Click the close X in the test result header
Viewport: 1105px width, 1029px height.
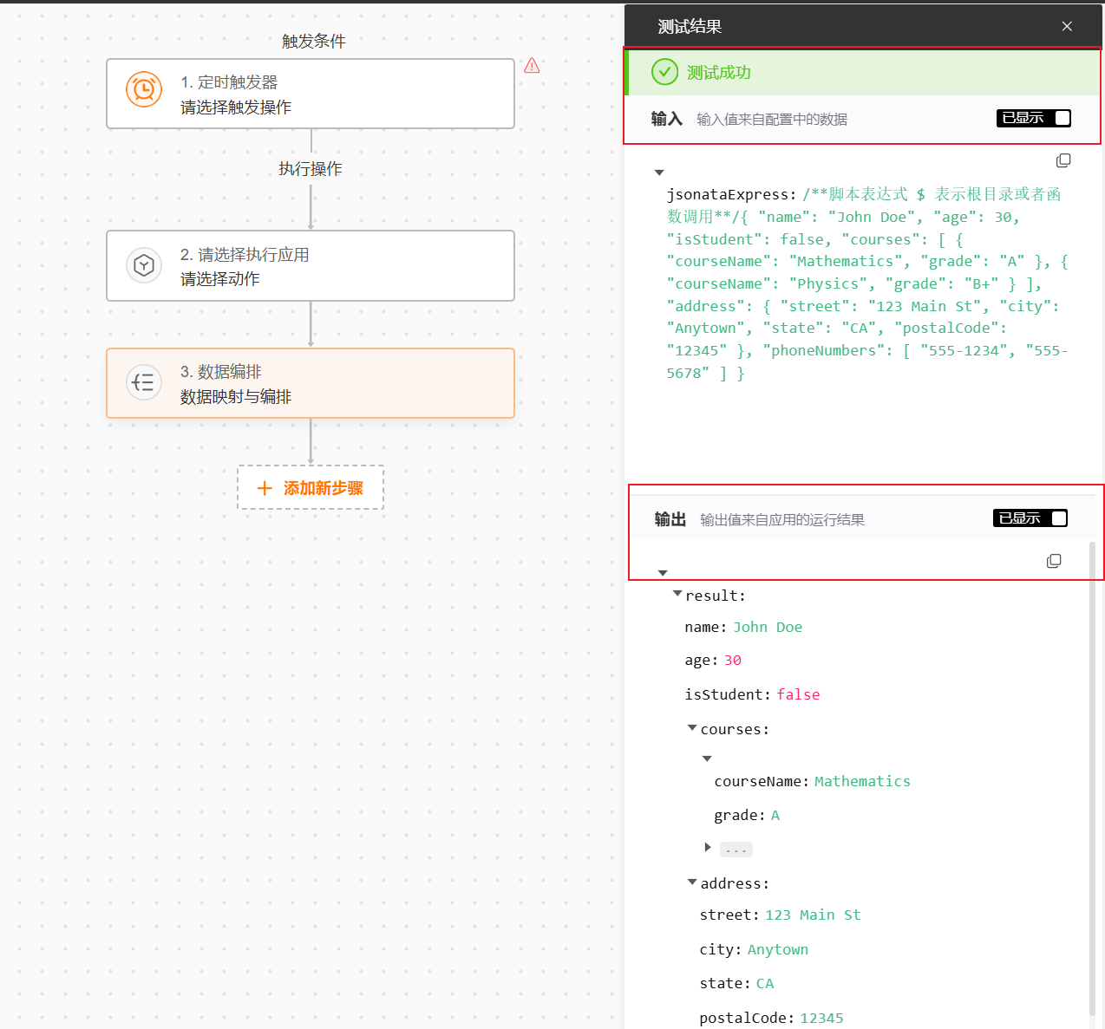click(1067, 26)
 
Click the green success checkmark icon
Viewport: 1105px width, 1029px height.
click(664, 72)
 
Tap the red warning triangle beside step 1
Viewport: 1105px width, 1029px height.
click(532, 66)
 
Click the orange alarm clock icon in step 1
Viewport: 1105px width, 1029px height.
click(144, 89)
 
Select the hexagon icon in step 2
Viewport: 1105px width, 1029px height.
click(144, 265)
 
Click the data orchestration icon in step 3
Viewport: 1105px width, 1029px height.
click(144, 382)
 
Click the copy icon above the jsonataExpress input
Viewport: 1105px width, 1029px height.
click(1062, 160)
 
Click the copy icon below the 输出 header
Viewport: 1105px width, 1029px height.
click(1053, 561)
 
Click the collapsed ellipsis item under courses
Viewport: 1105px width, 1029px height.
click(736, 850)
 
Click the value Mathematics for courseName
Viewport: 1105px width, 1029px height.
click(862, 781)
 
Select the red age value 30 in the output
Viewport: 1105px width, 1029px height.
click(732, 661)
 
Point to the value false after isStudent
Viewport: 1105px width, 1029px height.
click(798, 694)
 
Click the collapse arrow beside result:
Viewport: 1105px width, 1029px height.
click(677, 594)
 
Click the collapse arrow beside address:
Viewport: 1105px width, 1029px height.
click(692, 882)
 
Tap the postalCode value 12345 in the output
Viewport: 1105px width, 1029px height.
click(821, 1018)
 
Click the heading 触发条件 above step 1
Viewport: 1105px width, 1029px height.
click(313, 41)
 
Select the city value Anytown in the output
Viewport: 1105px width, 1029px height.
click(777, 949)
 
